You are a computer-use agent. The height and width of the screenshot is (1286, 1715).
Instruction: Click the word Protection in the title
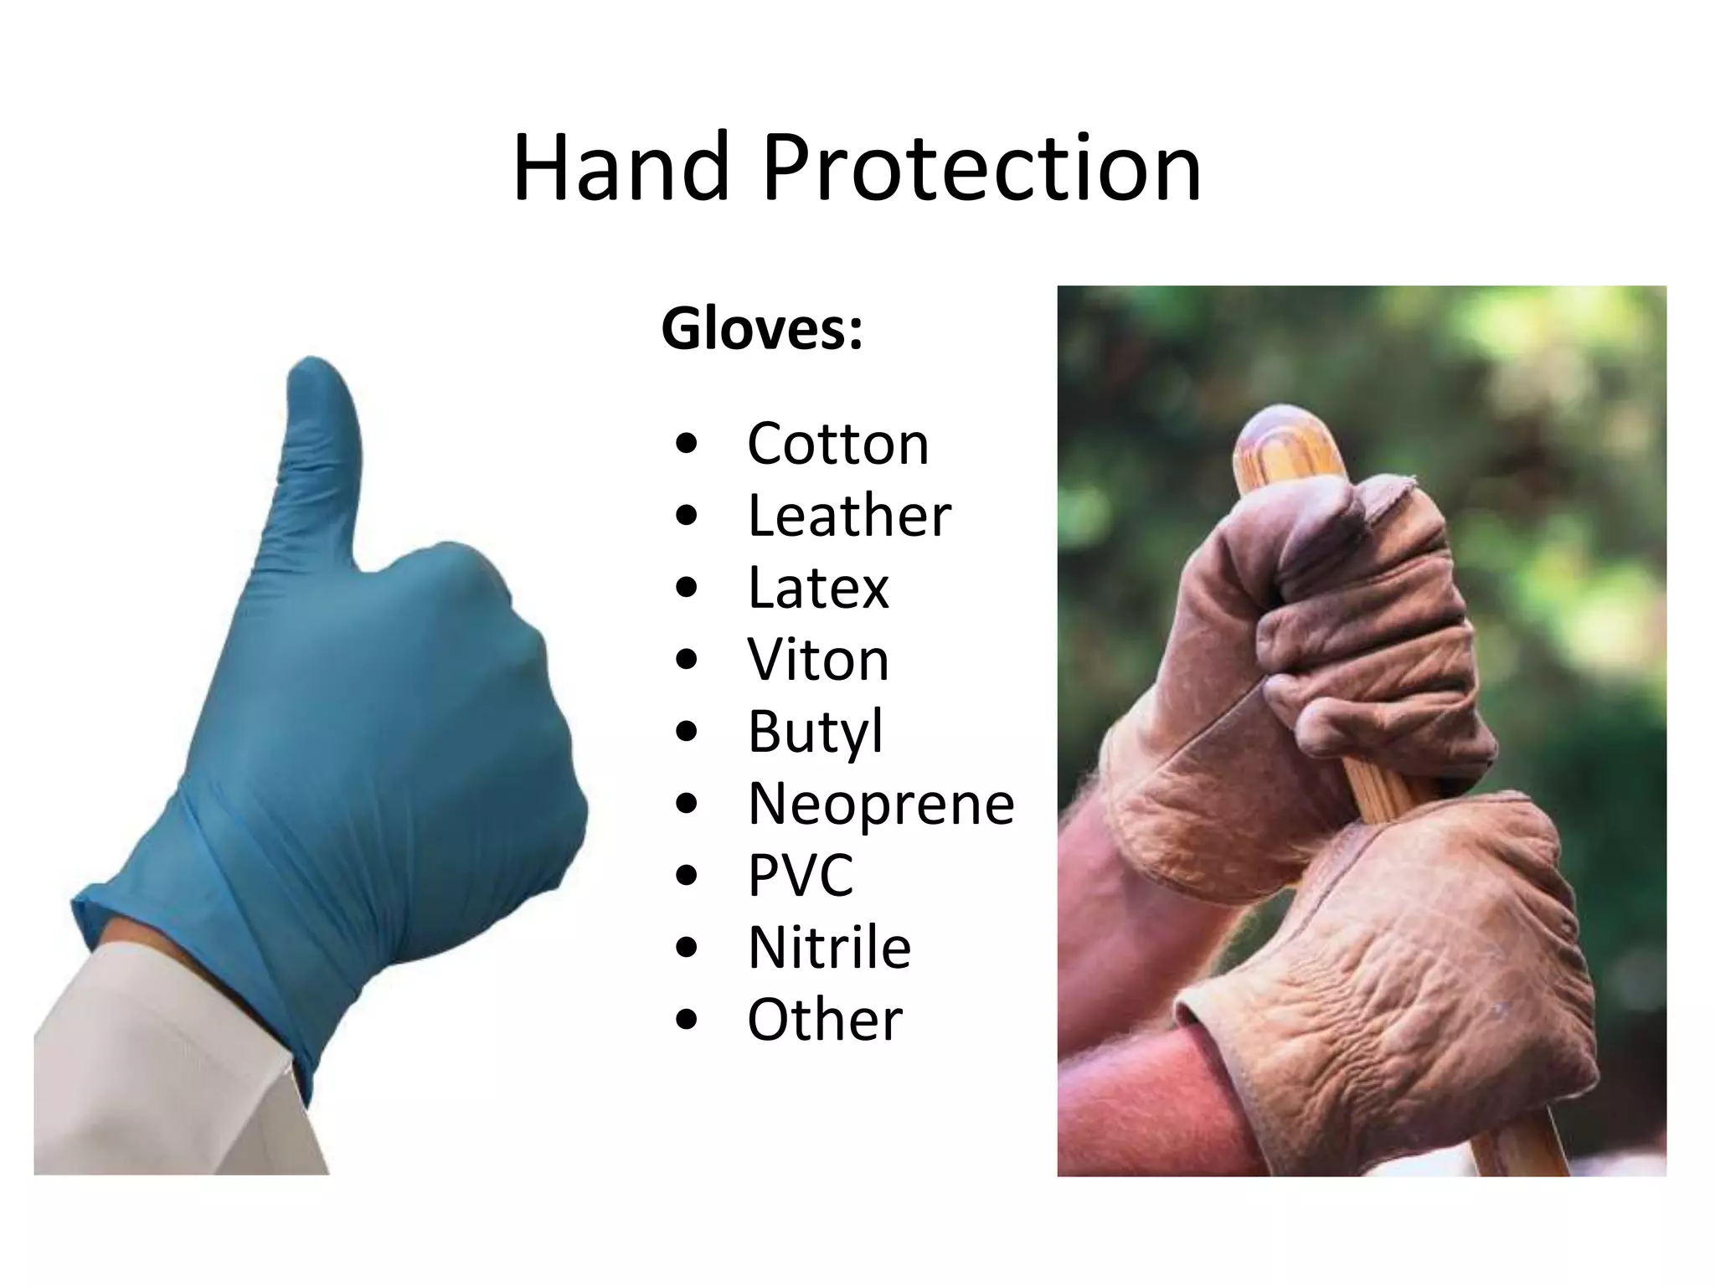981,169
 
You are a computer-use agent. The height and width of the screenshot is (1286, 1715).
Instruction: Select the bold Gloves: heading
762,328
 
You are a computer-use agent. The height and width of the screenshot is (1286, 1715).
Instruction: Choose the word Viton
818,660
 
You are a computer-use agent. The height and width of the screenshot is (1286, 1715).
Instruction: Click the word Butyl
815,732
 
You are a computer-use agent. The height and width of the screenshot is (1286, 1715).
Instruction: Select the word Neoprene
881,804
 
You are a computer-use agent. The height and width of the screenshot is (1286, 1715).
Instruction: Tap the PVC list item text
801,876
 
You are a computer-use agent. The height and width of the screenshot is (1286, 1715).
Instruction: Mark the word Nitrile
829,948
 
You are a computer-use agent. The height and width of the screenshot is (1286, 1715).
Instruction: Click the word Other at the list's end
825,1020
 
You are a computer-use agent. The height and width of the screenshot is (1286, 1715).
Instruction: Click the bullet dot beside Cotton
686,445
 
